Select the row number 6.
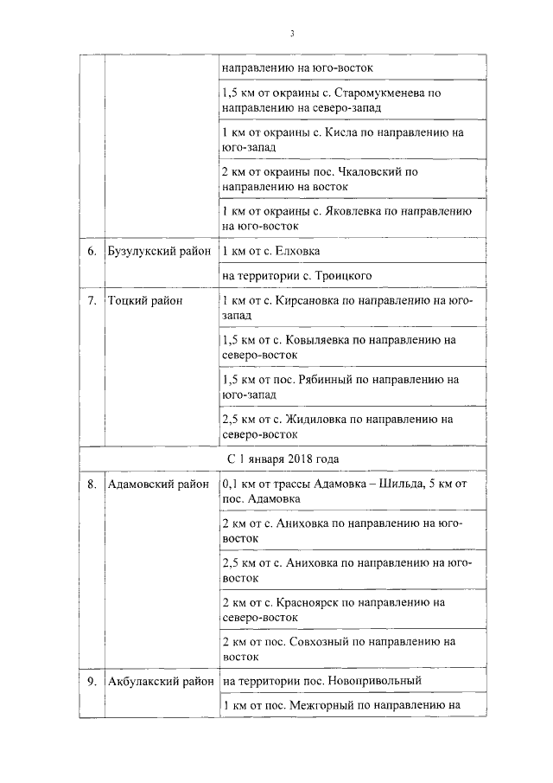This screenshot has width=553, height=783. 91,252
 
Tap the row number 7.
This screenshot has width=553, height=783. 91,300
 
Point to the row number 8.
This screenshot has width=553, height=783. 91,485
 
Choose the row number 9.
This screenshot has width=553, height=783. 91,681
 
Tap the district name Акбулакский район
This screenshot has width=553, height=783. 159,681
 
